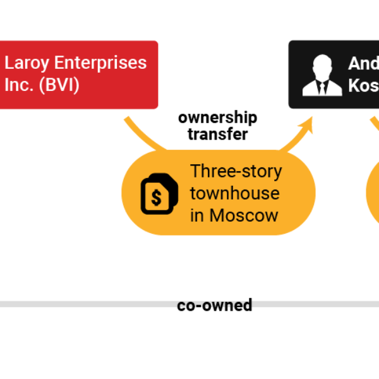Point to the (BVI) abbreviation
click(x=59, y=85)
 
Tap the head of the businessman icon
click(x=322, y=65)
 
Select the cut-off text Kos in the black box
click(x=363, y=85)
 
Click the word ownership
click(x=217, y=117)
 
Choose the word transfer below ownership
click(x=217, y=134)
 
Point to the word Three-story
click(x=236, y=171)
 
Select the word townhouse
click(x=235, y=193)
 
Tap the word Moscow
click(x=244, y=215)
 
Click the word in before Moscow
click(x=197, y=215)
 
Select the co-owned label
click(x=215, y=305)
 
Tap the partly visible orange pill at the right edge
click(x=373, y=193)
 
